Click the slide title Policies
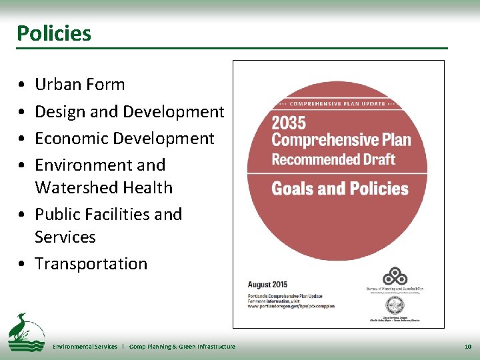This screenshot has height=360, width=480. click(x=54, y=33)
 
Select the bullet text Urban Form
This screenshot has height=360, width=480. click(x=80, y=85)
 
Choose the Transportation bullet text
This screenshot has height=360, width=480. click(x=91, y=264)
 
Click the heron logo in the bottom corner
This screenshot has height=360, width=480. click(x=25, y=333)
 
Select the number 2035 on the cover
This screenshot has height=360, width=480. click(x=289, y=123)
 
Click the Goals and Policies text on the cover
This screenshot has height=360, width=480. click(x=339, y=189)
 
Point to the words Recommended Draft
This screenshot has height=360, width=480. click(x=333, y=159)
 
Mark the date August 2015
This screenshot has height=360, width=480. click(x=268, y=285)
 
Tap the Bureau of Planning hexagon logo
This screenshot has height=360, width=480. click(x=395, y=276)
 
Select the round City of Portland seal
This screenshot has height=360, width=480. click(x=395, y=305)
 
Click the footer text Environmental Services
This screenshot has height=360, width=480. click(x=85, y=347)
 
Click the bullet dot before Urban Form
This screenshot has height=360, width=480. click(x=23, y=85)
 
